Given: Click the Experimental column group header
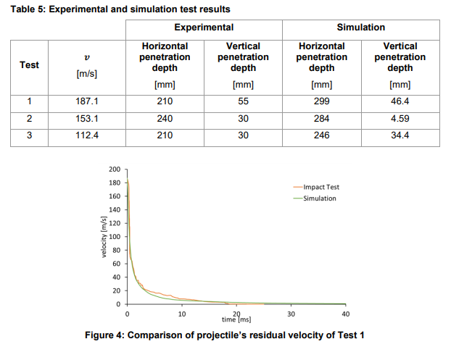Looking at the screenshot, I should pyautogui.click(x=204, y=28).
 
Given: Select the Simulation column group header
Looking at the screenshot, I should pyautogui.click(x=360, y=28).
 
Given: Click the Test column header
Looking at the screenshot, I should pyautogui.click(x=30, y=64).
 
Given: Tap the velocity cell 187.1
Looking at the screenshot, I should pyautogui.click(x=87, y=101).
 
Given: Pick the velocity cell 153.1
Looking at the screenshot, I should pyautogui.click(x=87, y=119).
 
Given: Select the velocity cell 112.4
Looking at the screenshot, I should pyautogui.click(x=87, y=135).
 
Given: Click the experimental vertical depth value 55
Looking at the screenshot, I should pyautogui.click(x=243, y=101).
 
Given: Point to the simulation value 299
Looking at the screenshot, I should pyautogui.click(x=321, y=101).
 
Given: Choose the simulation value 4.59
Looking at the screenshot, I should pyautogui.click(x=400, y=119).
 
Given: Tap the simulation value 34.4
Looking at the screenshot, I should pyautogui.click(x=400, y=135).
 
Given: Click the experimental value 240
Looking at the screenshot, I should pyautogui.click(x=165, y=119).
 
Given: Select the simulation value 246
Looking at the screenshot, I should pyautogui.click(x=321, y=135).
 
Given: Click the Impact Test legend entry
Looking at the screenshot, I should pyautogui.click(x=321, y=186).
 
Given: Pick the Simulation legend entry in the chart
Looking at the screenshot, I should pyautogui.click(x=320, y=198).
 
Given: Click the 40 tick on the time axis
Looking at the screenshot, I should pyautogui.click(x=345, y=314).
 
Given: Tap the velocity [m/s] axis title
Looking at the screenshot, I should pyautogui.click(x=104, y=238).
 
